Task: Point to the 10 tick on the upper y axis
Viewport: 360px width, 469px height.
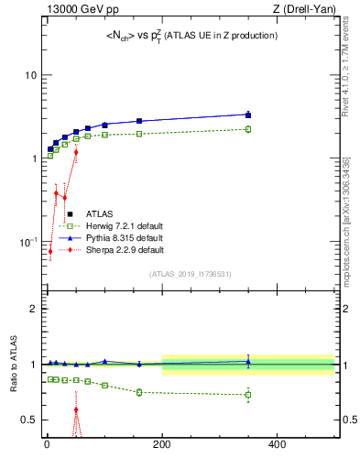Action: tap(29, 74)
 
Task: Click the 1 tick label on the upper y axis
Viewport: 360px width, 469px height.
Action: tap(33, 158)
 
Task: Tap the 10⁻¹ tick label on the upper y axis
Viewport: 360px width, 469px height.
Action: tap(27, 242)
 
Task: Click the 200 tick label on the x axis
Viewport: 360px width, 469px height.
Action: tap(161, 445)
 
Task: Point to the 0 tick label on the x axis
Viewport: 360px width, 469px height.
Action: tap(46, 445)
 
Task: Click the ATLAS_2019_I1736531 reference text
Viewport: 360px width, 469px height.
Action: tap(190, 274)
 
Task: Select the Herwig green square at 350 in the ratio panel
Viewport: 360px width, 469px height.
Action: tap(248, 395)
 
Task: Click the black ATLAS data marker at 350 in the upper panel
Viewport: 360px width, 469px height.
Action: tap(248, 115)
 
